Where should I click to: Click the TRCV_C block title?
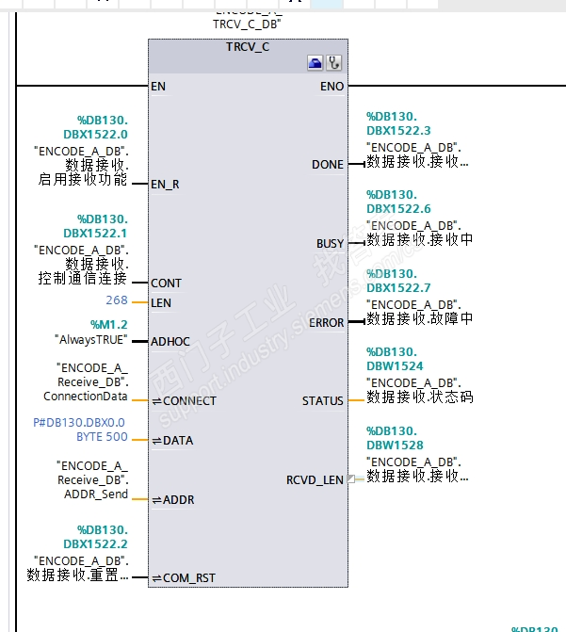click(249, 46)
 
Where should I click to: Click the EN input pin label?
click(158, 86)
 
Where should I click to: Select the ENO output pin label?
click(332, 86)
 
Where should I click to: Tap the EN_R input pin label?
click(165, 184)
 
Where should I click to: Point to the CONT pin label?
click(166, 283)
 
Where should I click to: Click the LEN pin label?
click(161, 302)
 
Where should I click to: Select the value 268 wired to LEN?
click(117, 301)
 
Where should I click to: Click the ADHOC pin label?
click(170, 341)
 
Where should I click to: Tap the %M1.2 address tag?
click(108, 324)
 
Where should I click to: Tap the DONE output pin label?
click(328, 165)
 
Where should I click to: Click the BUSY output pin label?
click(330, 243)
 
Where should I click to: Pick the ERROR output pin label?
click(326, 322)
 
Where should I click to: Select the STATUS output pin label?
click(323, 400)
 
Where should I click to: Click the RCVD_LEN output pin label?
click(315, 479)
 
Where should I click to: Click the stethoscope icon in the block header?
click(333, 63)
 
